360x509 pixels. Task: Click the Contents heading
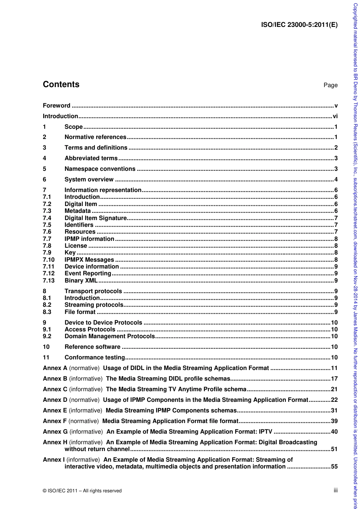click(61, 84)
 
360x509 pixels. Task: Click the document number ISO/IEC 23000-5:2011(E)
click(299, 25)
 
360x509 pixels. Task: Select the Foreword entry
click(56, 106)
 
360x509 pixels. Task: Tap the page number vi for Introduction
click(335, 116)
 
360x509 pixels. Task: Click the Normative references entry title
click(95, 137)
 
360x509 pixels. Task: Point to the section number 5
click(44, 169)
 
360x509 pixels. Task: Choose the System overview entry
click(89, 180)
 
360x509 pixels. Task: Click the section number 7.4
click(47, 218)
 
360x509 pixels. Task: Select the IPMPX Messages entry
click(89, 260)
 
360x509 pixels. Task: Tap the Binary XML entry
click(81, 281)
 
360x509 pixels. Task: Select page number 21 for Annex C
click(334, 389)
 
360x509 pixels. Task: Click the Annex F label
click(55, 411)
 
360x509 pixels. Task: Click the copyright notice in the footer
click(82, 491)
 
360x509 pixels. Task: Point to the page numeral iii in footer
click(335, 490)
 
